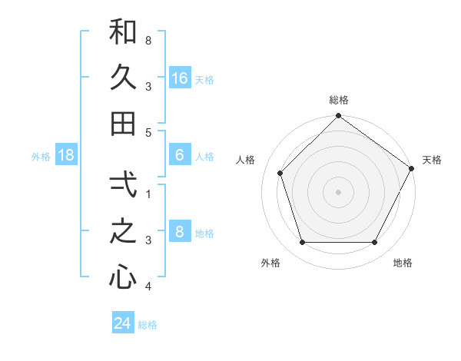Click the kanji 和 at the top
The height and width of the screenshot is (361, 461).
tap(123, 32)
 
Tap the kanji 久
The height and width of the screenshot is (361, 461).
tap(123, 78)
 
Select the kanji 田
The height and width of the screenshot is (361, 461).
tap(123, 123)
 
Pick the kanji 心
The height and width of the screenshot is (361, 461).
tap(123, 277)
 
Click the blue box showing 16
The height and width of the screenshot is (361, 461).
tap(180, 78)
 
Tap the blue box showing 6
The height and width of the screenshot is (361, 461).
tap(180, 156)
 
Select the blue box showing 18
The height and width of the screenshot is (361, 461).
tap(66, 156)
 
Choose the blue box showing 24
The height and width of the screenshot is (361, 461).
tap(122, 323)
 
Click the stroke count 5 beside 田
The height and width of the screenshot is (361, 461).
tap(148, 132)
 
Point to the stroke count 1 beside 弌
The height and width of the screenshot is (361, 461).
tap(148, 194)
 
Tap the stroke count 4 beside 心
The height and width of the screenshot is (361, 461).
tap(148, 286)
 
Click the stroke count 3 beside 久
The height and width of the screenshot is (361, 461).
tap(148, 86)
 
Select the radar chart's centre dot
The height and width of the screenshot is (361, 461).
tap(338, 192)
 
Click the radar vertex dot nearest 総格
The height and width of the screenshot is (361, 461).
tap(338, 117)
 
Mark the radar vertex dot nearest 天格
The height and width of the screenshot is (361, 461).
tap(410, 168)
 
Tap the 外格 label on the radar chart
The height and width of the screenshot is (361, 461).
tap(270, 263)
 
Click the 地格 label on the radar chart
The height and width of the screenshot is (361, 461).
tap(403, 263)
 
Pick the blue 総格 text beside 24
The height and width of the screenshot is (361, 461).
tap(148, 325)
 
